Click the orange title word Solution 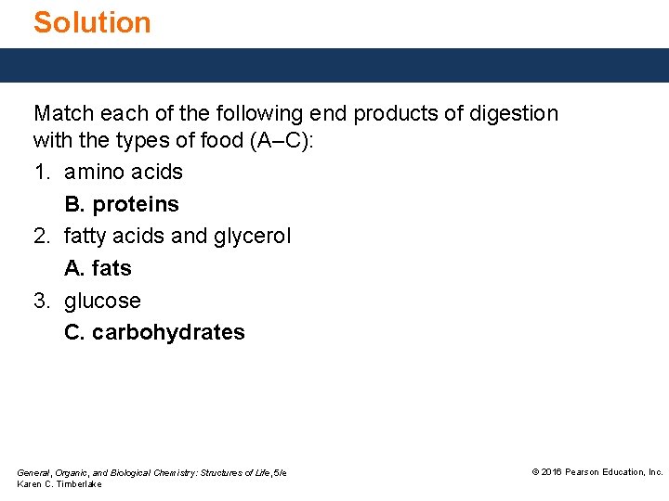click(x=92, y=22)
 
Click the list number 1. click(x=41, y=173)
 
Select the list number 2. click(x=41, y=237)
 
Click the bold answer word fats click(x=112, y=269)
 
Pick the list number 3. click(x=41, y=302)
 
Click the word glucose click(x=102, y=302)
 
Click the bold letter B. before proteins click(x=74, y=204)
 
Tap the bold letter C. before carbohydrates click(x=74, y=333)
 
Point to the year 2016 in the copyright click(x=551, y=472)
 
